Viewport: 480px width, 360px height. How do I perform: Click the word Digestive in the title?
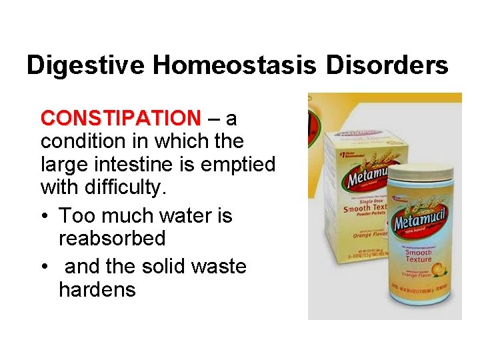(85, 65)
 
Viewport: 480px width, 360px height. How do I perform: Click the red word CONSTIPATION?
(120, 119)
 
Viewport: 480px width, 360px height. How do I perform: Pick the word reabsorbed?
(112, 239)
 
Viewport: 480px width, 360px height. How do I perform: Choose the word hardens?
(97, 290)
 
